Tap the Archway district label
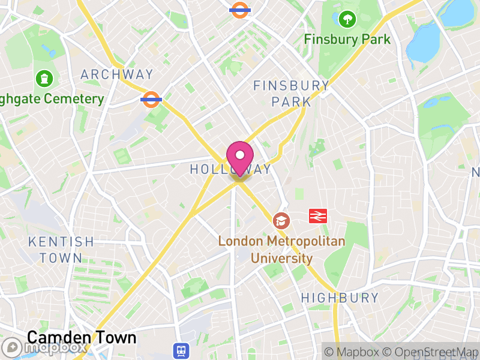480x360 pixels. tap(117, 74)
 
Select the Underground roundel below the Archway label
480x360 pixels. tap(151, 99)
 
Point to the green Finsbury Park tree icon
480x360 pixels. tap(347, 20)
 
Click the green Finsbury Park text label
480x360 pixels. tap(347, 40)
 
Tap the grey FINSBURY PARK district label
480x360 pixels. tap(291, 93)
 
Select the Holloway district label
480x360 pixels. tap(230, 170)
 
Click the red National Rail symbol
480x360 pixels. tap(317, 215)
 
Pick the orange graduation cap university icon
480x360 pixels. tap(280, 221)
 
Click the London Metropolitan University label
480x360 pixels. tap(281, 250)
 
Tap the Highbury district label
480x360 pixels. tap(340, 298)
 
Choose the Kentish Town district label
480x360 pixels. tap(61, 250)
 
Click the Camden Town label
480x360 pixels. tap(82, 337)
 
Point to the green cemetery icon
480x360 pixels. tap(44, 78)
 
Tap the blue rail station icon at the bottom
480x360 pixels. tap(181, 350)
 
